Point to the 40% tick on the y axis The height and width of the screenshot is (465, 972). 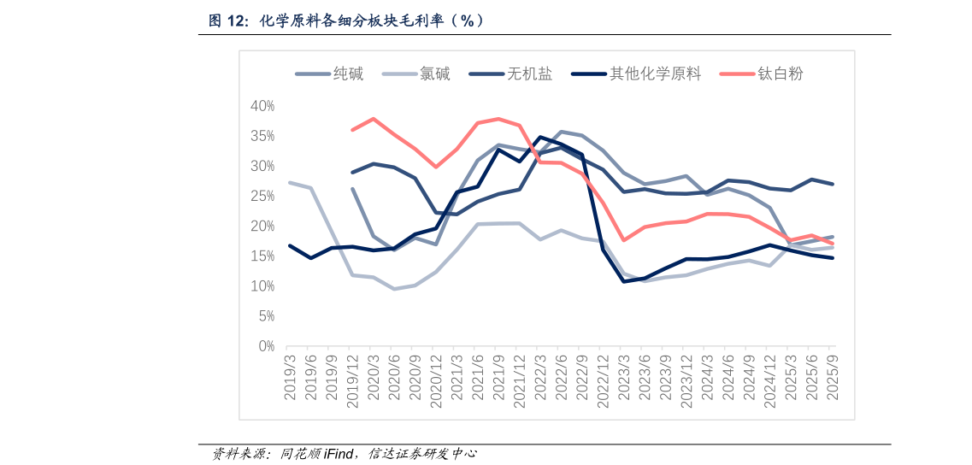tap(262, 106)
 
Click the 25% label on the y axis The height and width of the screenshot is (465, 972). tap(262, 197)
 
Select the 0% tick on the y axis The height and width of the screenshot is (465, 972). tap(265, 346)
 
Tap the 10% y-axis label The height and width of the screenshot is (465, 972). tap(262, 286)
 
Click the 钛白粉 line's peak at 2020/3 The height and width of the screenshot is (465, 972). tap(373, 119)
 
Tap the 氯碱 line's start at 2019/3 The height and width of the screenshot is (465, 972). tap(290, 182)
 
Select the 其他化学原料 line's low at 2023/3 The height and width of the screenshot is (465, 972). tap(623, 281)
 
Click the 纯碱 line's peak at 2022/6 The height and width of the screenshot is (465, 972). tap(561, 132)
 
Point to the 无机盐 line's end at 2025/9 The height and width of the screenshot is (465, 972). tap(832, 184)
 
